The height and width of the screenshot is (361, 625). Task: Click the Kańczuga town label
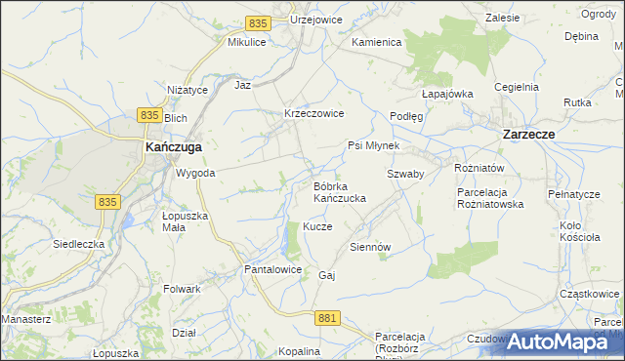click(x=173, y=146)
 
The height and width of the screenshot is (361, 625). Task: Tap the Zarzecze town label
click(x=529, y=136)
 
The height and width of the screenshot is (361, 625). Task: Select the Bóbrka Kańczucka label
click(x=339, y=192)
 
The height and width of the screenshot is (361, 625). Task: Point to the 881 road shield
click(x=328, y=318)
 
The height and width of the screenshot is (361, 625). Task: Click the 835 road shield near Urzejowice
click(x=258, y=22)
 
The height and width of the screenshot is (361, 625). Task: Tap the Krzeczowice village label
click(x=313, y=113)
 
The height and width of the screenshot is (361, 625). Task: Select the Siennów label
click(x=370, y=247)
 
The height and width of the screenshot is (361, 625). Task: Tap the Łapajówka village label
click(x=447, y=94)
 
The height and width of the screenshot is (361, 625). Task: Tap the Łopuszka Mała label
click(x=186, y=221)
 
